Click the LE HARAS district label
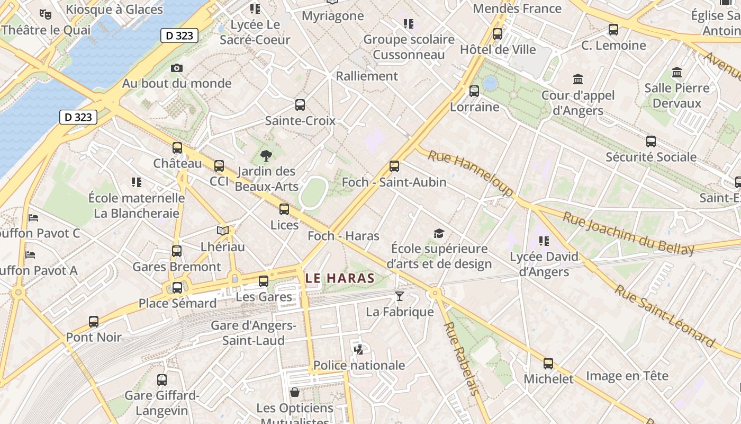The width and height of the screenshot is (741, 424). (340, 278)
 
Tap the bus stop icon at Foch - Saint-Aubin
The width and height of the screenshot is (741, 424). (394, 166)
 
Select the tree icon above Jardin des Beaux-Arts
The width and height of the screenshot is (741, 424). (266, 155)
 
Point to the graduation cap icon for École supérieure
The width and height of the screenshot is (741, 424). (439, 234)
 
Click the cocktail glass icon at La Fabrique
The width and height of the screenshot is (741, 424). (400, 296)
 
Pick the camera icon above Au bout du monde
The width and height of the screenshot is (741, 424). (177, 68)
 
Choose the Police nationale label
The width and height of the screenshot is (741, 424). (359, 365)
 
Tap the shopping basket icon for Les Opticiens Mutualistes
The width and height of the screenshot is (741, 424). (295, 392)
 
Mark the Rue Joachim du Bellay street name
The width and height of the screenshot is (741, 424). (628, 233)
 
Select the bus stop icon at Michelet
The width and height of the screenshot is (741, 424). (548, 364)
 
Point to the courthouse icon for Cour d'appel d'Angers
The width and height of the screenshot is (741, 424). (578, 79)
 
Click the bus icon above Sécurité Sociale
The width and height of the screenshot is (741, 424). (650, 142)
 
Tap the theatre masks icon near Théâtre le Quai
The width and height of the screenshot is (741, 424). (45, 14)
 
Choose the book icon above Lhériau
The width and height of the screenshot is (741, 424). (223, 231)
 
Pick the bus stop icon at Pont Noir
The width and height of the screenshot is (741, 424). (94, 322)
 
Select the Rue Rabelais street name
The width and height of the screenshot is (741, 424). (461, 358)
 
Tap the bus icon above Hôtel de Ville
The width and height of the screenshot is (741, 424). (498, 34)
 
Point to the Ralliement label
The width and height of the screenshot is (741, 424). (367, 76)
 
